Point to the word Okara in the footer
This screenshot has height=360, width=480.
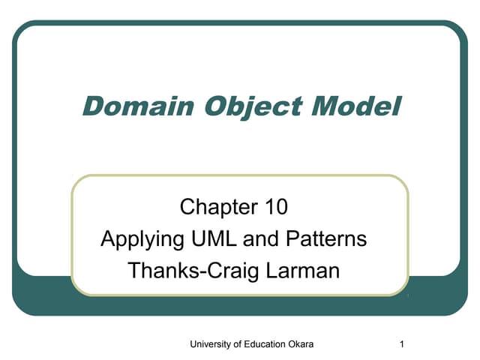click(301, 344)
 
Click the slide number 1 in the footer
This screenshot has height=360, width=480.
click(403, 344)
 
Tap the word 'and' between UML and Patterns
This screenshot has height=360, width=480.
click(259, 239)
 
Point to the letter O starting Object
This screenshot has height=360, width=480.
click(200, 106)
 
